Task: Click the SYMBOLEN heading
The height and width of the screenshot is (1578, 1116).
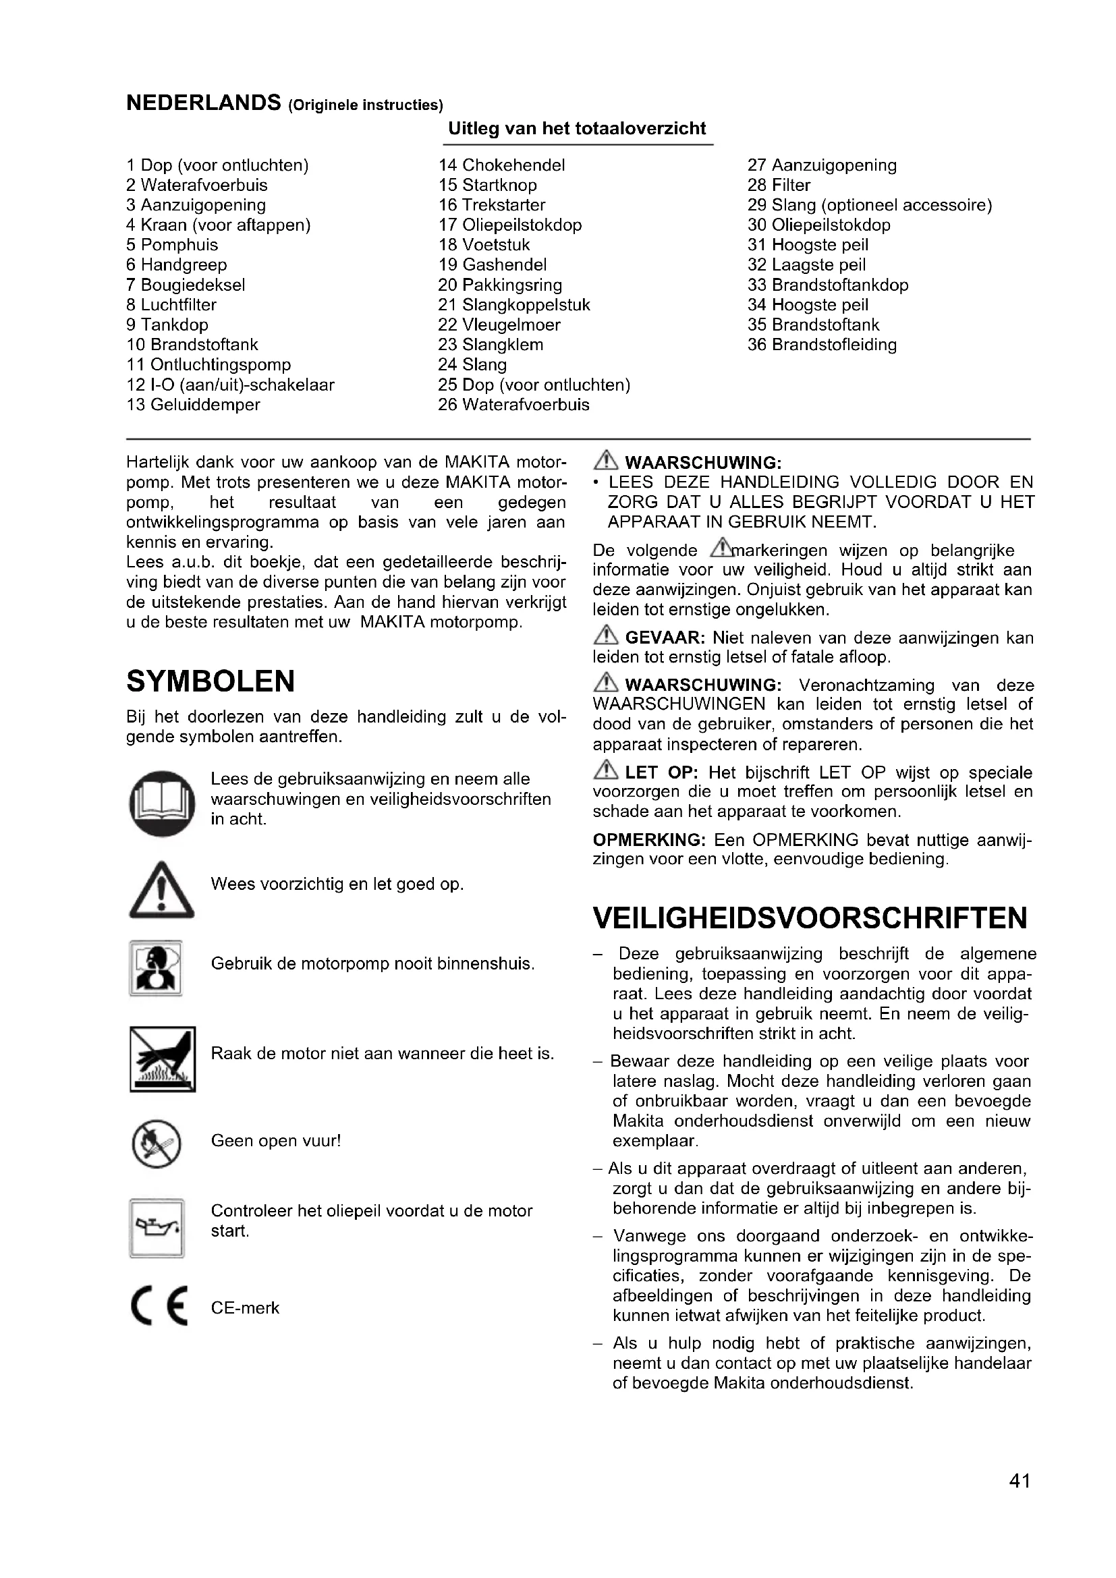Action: pos(211,681)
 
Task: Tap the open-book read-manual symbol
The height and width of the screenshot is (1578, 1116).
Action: pos(162,804)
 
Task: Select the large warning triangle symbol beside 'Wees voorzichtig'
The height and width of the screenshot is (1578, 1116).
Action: pos(161,890)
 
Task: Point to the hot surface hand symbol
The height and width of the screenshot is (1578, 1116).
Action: pos(163,1059)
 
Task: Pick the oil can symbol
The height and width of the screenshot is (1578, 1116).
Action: pos(157,1228)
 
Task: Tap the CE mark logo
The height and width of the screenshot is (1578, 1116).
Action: pos(159,1307)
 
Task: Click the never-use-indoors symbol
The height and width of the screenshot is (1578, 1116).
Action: pos(156,968)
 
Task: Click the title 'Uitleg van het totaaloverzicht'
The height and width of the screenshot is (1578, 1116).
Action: pos(578,129)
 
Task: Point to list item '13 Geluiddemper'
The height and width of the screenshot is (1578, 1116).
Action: pos(193,405)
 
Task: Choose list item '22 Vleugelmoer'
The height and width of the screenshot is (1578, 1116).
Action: pos(499,325)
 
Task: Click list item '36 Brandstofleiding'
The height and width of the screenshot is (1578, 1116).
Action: pos(822,345)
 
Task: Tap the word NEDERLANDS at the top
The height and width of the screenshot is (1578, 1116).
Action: pos(203,103)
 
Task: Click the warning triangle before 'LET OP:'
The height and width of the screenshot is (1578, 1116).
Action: pos(606,770)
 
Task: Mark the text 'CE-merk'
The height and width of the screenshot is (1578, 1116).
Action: pos(246,1308)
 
